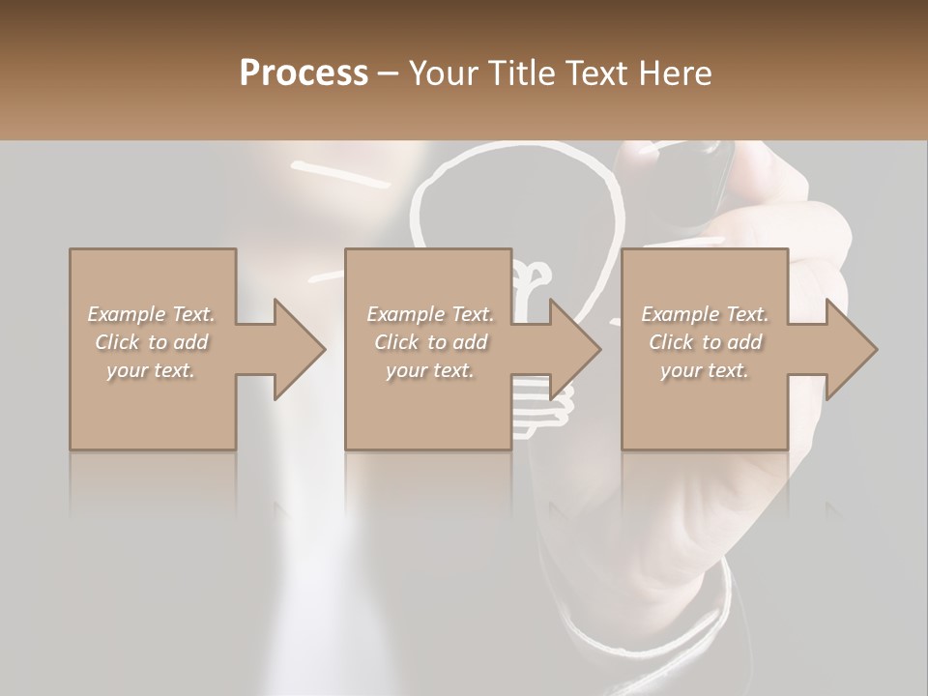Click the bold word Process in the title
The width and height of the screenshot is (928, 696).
pyautogui.click(x=304, y=72)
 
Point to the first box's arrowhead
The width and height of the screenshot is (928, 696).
pyautogui.click(x=299, y=349)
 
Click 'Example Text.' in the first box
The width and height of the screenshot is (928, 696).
pyautogui.click(x=151, y=314)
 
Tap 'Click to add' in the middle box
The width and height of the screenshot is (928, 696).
pyautogui.click(x=430, y=342)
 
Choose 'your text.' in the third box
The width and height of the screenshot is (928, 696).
pyautogui.click(x=704, y=370)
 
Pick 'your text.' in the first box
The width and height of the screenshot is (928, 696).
pyautogui.click(x=151, y=370)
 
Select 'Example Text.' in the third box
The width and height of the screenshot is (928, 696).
pyautogui.click(x=704, y=314)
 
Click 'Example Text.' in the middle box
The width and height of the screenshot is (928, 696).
pyautogui.click(x=430, y=314)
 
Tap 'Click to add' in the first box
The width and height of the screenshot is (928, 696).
pyautogui.click(x=151, y=342)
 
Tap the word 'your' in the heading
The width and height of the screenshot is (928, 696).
pyautogui.click(x=449, y=73)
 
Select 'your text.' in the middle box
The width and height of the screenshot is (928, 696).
pyautogui.click(x=430, y=370)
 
